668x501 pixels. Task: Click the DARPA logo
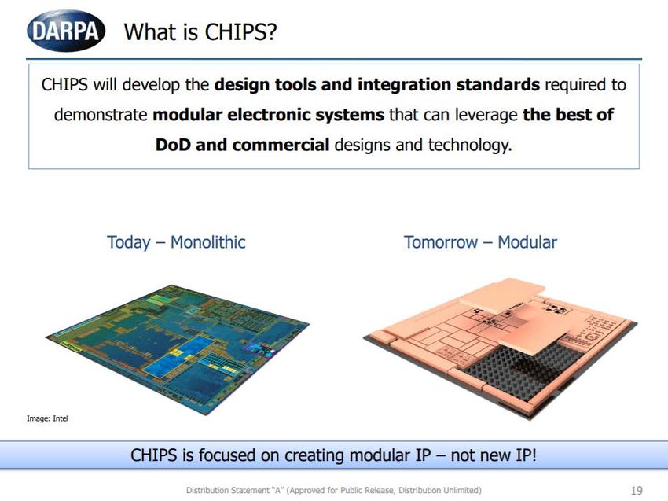click(x=66, y=31)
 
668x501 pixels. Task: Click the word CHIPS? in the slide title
click(x=240, y=31)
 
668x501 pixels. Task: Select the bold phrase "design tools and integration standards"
click(x=377, y=84)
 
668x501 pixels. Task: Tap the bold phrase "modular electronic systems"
click(x=269, y=115)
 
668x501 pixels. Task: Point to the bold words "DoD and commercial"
click(x=242, y=145)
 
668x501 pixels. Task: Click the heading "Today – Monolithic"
click(x=176, y=242)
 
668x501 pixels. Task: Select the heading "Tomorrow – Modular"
click(x=480, y=242)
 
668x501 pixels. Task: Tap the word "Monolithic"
click(x=208, y=242)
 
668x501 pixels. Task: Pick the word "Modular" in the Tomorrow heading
click(x=527, y=242)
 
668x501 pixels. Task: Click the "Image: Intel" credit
click(x=47, y=418)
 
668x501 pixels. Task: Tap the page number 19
click(x=637, y=490)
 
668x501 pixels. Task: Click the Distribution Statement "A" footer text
click(x=333, y=490)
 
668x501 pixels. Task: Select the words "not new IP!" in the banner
click(x=494, y=455)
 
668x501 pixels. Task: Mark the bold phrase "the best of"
click(x=568, y=115)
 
